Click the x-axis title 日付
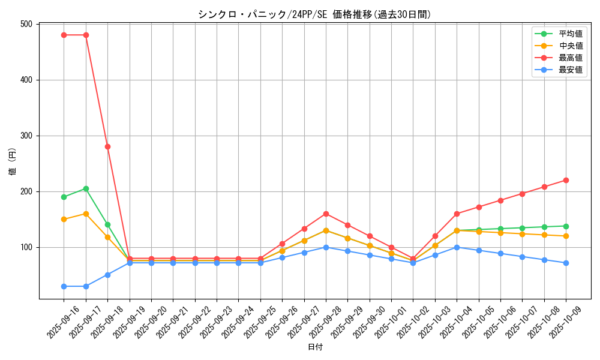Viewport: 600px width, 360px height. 315,347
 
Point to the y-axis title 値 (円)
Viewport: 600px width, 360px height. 13,161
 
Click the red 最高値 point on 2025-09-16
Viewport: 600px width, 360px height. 64,35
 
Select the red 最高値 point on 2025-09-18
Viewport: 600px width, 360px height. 107,146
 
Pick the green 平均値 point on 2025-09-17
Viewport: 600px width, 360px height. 86,188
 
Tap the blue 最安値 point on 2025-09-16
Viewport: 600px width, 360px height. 64,286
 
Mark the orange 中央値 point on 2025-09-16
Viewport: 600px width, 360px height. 64,219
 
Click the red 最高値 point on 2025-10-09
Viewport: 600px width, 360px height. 566,180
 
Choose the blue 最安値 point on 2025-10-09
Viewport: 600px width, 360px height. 566,263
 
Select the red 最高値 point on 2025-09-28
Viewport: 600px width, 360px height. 326,214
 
